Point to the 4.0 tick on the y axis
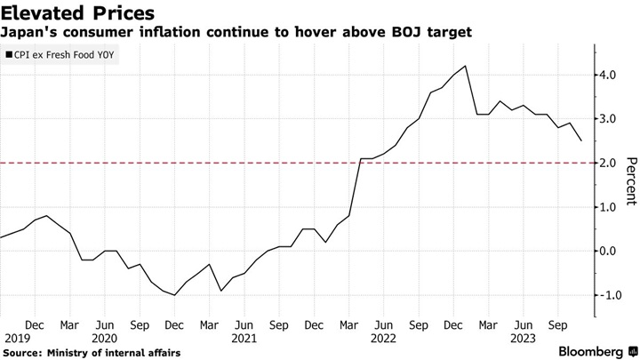[x=609, y=76]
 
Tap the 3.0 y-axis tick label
[x=609, y=119]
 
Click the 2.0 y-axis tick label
[x=609, y=163]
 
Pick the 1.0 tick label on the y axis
[x=609, y=207]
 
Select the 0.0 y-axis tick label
[x=609, y=251]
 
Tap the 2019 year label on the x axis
[x=17, y=339]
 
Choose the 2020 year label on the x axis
[x=106, y=339]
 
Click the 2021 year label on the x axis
[x=244, y=339]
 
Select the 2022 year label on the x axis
[x=383, y=339]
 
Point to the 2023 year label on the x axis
[x=522, y=339]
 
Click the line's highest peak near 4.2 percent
[x=467, y=66]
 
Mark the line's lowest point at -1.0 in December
[x=175, y=294]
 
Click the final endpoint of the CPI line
[x=581, y=140]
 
